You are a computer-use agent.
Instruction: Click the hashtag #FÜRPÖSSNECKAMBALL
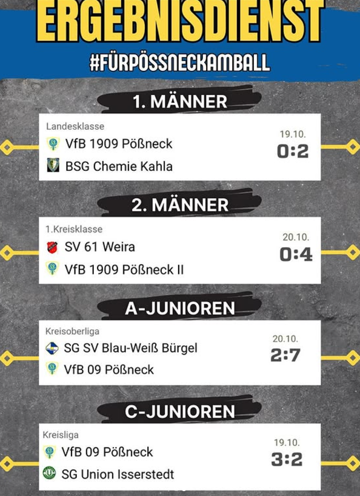tap(180, 62)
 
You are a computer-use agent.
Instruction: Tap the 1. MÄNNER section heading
tap(180, 102)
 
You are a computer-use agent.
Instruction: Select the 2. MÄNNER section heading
tap(180, 205)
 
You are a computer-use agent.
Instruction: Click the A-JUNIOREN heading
tap(180, 308)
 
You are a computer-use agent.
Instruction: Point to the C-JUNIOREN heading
tap(180, 412)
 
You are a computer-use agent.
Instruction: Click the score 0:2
tap(293, 151)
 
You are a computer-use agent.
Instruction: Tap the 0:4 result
tap(296, 254)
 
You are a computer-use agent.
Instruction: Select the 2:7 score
tap(285, 355)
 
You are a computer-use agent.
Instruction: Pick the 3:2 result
tap(287, 459)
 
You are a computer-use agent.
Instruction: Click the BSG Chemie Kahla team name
tap(119, 167)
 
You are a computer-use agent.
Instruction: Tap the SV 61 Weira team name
tap(100, 246)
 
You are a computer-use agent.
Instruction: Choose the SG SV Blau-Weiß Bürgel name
tap(130, 348)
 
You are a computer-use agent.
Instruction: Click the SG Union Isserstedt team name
tap(118, 474)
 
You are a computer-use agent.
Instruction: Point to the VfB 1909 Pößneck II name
tap(124, 270)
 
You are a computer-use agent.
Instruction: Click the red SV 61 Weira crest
tap(52, 247)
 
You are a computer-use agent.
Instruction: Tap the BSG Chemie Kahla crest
tap(53, 165)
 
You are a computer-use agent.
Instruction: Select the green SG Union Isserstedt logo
tap(49, 473)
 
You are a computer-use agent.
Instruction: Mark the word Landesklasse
tap(75, 126)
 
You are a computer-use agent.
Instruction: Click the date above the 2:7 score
tap(285, 339)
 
